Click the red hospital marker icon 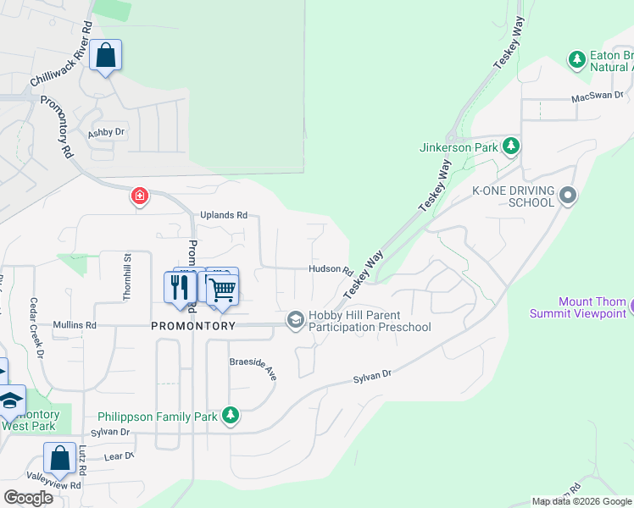click(x=139, y=197)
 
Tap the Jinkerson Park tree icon click(x=511, y=146)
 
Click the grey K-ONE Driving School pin click(x=568, y=196)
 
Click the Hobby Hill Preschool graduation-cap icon click(x=296, y=319)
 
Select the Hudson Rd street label click(x=331, y=269)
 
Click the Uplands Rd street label click(x=224, y=215)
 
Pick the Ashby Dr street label click(x=106, y=133)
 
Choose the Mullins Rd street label click(x=75, y=324)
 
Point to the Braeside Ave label click(x=253, y=367)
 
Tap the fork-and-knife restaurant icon click(x=179, y=287)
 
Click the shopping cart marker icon click(x=222, y=290)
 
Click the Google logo click(x=28, y=498)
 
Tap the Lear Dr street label click(x=119, y=456)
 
